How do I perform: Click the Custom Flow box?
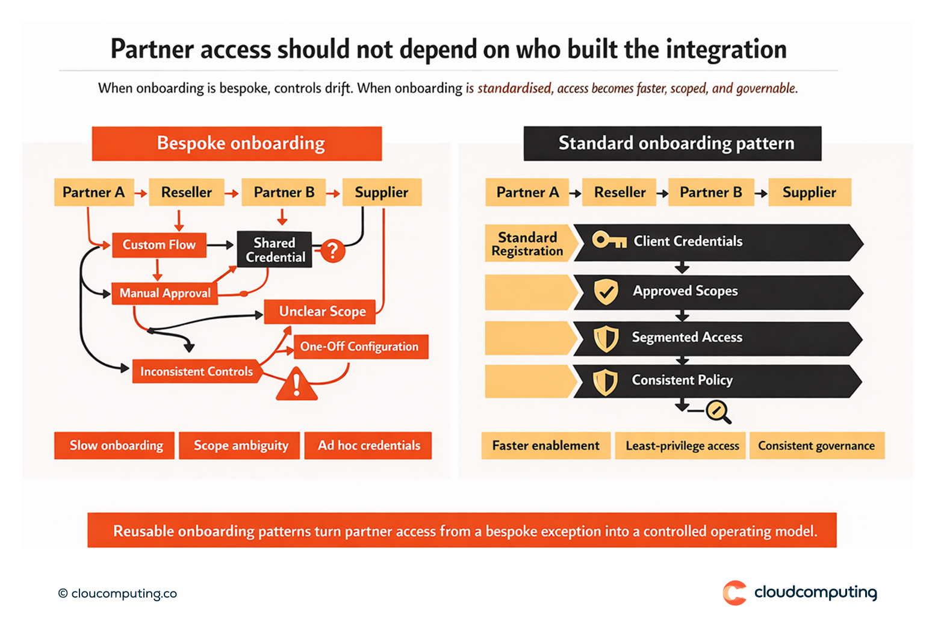point(159,245)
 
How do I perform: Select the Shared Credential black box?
point(275,250)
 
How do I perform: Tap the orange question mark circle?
point(333,250)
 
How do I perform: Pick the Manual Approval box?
point(164,293)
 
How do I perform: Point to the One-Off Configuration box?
point(360,347)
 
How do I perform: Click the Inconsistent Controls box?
point(196,371)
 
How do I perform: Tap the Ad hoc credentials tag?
point(368,445)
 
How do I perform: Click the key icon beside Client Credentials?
point(609,241)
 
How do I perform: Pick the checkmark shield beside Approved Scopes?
point(606,292)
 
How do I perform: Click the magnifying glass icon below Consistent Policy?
point(718,412)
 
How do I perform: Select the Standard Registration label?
point(527,244)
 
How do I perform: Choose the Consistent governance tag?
point(816,446)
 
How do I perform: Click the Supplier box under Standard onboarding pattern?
point(809,193)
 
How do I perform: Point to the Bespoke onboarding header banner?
point(237,143)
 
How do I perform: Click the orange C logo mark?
point(735,593)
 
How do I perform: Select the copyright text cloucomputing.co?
point(118,593)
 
